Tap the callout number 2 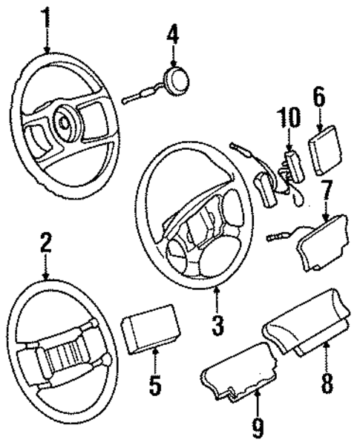46,244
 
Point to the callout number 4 172,33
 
